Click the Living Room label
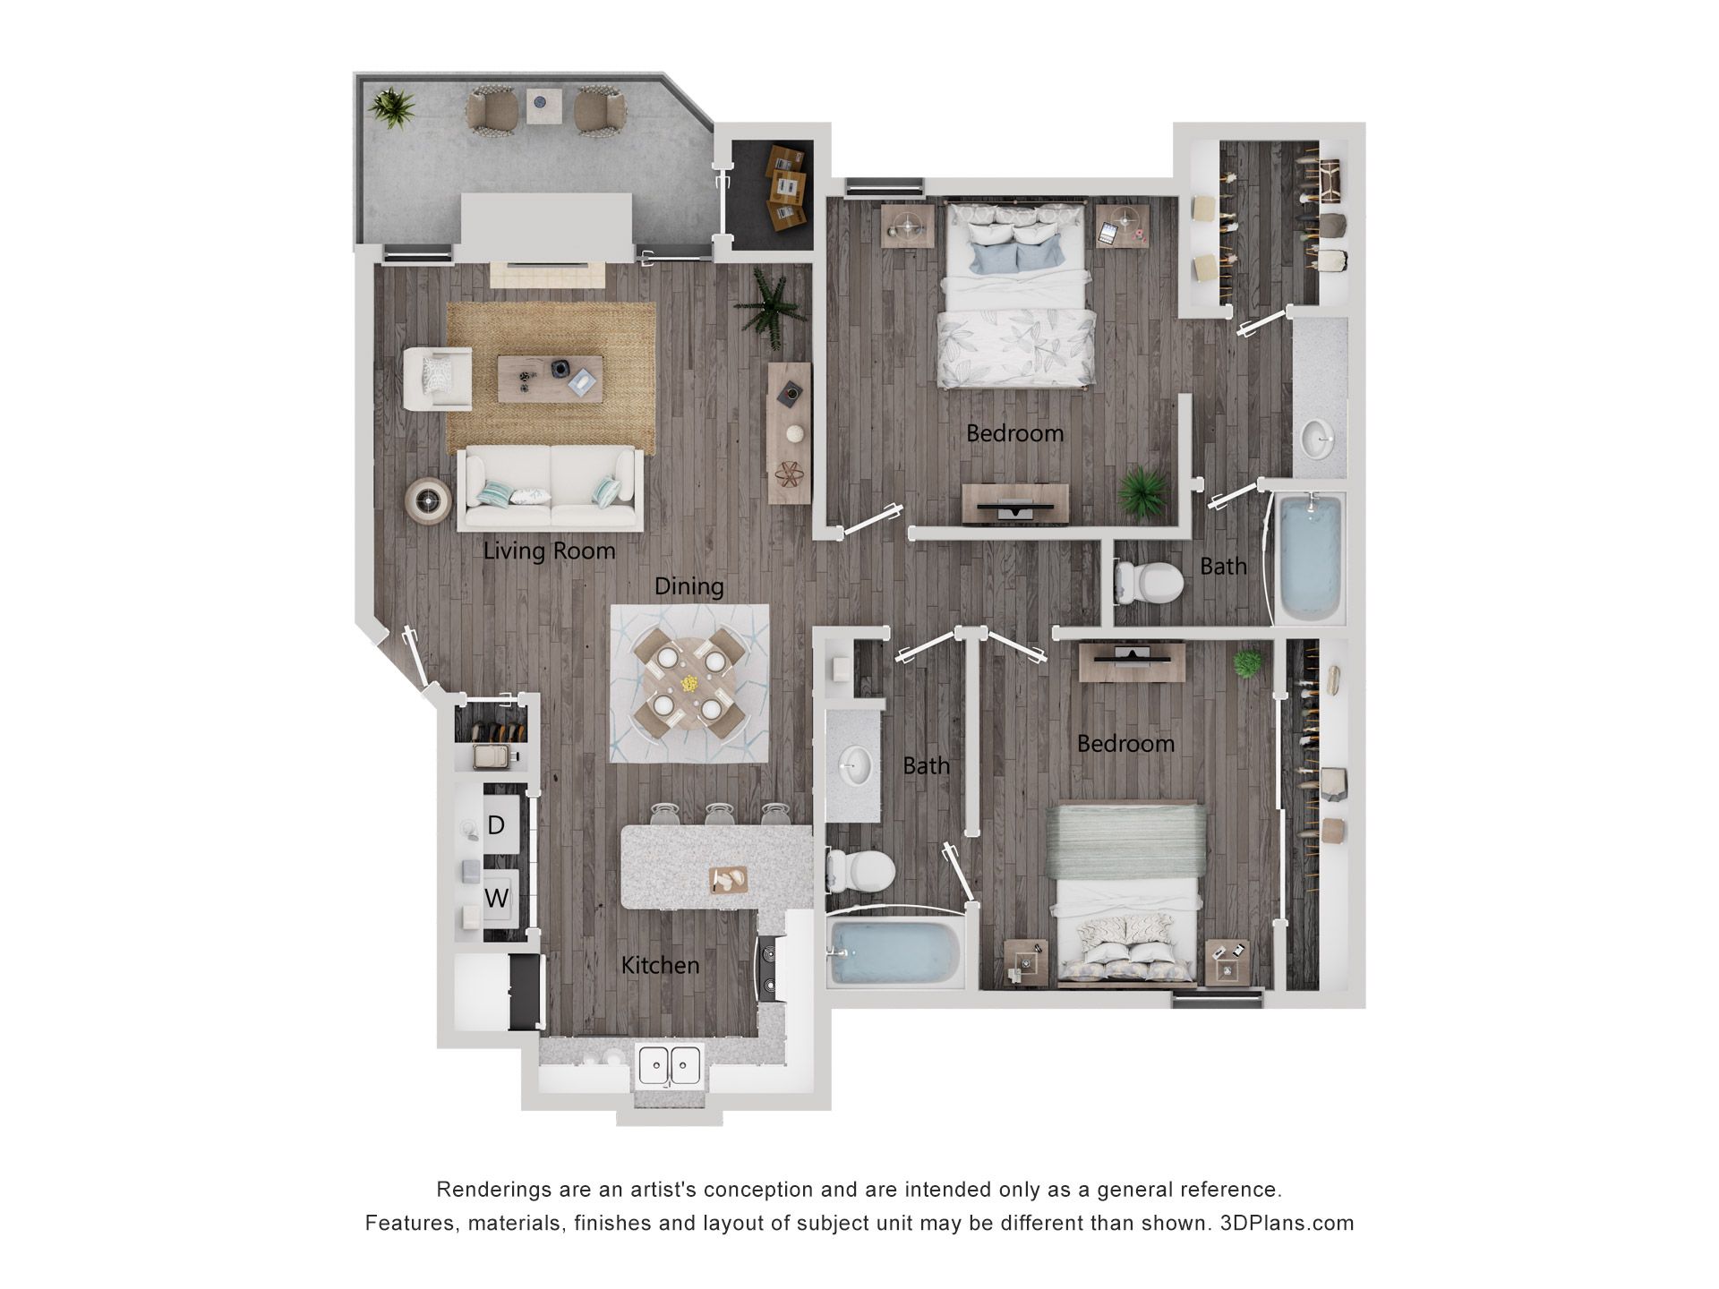coord(549,551)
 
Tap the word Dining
coord(688,586)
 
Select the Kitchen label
coord(660,965)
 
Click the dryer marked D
coord(496,824)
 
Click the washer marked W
coord(497,898)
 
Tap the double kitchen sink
coord(670,1064)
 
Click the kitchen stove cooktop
coord(768,969)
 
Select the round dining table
coord(688,683)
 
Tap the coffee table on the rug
coord(550,378)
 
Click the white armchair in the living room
coord(437,379)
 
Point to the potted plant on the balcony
coord(392,107)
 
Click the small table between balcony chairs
coord(543,107)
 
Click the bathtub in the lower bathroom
coord(893,952)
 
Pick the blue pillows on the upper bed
coord(1016,257)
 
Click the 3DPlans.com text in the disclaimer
coord(1287,1223)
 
